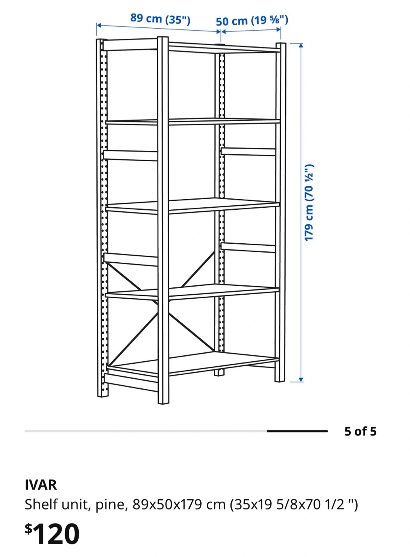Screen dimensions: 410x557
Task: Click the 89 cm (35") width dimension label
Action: click(x=160, y=19)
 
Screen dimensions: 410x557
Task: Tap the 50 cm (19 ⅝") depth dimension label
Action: click(x=252, y=21)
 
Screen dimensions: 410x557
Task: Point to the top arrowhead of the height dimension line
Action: click(x=301, y=45)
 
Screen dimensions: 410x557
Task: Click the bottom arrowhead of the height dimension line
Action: click(x=301, y=379)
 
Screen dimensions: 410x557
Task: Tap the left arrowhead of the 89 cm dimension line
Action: click(x=99, y=25)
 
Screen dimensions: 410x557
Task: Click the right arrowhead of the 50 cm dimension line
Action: click(x=278, y=29)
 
